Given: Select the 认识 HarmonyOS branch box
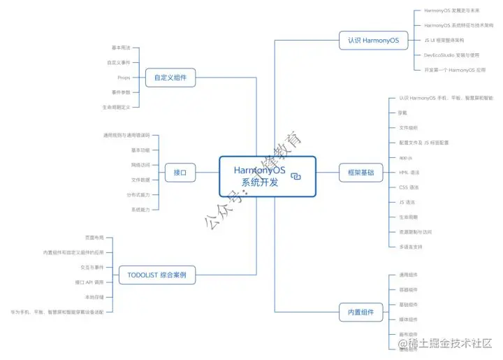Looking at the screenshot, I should pos(372,41).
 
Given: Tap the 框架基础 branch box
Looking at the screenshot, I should pos(360,172).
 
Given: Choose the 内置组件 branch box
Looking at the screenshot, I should pos(360,312).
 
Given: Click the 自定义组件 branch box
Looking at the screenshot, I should pos(170,78).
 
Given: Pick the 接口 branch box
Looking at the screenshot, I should pos(180,172).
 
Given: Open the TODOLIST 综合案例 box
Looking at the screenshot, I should pos(156,275).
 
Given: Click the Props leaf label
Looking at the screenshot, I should pos(124,78).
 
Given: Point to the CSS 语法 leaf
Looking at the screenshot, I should pos(409,187).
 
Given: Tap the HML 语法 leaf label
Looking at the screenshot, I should pos(409,172).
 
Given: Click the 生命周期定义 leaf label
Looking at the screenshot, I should pos(116,107).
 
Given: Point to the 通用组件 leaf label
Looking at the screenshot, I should pos(408,275).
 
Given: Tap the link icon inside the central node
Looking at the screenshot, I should pos(296,177).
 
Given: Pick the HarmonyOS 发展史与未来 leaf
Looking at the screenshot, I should pos(451,10).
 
